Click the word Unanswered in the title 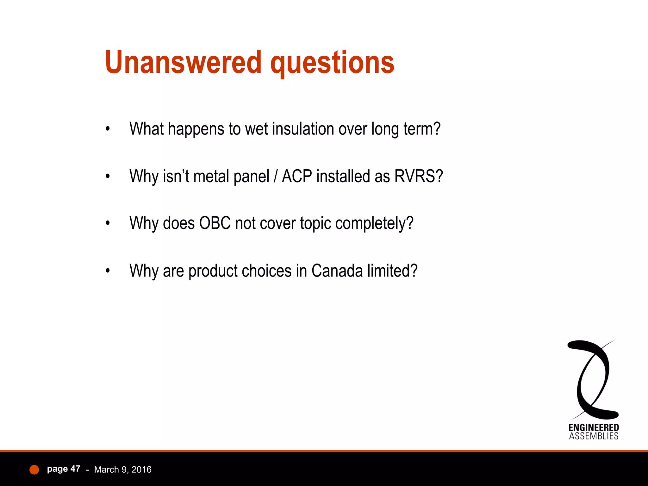[183, 62]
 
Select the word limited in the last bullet [392, 271]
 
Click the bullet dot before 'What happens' [108, 129]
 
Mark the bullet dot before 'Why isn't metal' [108, 176]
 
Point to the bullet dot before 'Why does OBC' [108, 223]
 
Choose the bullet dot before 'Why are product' [108, 271]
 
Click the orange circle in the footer [34, 470]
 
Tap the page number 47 [75, 469]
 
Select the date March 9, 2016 [123, 470]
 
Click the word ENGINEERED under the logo [594, 428]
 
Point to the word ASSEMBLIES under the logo [594, 436]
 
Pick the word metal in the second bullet [211, 176]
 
